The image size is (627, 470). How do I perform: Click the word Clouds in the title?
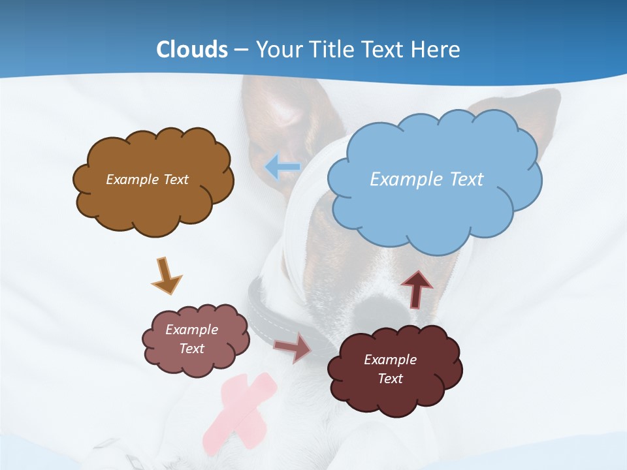tap(192, 50)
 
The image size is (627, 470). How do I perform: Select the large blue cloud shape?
tap(434, 209)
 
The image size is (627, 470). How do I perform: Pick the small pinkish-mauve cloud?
tap(195, 362)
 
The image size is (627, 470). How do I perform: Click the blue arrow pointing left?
tap(282, 168)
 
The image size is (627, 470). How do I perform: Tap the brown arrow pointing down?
tap(166, 276)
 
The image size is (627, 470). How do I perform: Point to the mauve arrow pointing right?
tap(293, 347)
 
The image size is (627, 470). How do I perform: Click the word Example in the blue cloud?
tap(400, 180)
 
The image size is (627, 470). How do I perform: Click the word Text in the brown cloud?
tap(175, 180)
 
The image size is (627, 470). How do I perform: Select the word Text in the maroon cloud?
tap(390, 379)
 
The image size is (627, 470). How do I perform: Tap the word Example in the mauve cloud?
tap(191, 330)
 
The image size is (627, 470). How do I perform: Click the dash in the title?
tap(241, 50)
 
